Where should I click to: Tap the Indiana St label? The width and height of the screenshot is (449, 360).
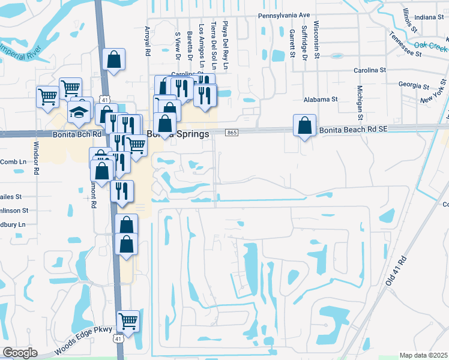[x=428, y=17]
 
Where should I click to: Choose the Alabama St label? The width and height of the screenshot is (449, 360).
[x=321, y=99]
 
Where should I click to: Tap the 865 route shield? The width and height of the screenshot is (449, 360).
[x=232, y=133]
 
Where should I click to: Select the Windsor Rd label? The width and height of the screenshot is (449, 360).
[x=36, y=158]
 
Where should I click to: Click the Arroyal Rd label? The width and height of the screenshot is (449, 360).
[x=147, y=41]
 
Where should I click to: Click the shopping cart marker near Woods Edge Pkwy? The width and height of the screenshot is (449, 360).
[x=128, y=321]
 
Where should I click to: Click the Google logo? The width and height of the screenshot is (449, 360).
[x=20, y=353]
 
